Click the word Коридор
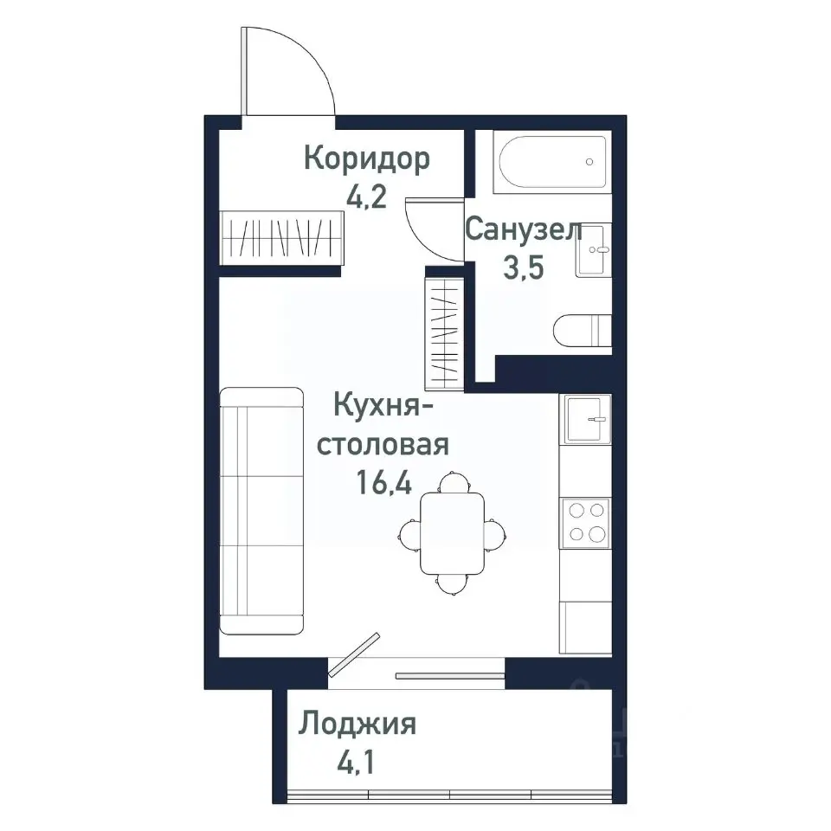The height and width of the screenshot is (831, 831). [x=366, y=159]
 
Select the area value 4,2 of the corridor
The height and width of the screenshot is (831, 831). [x=366, y=197]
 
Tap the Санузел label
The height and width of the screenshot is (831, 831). [x=523, y=230]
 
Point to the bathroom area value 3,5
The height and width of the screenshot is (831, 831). [x=523, y=268]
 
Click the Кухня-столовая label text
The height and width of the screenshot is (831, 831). [x=383, y=425]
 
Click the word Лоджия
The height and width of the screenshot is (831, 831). [x=358, y=724]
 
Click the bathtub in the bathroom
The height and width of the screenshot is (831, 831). [x=552, y=162]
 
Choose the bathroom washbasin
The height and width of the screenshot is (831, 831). [x=594, y=250]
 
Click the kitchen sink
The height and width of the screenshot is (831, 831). [x=586, y=419]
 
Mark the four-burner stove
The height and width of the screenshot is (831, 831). [x=585, y=522]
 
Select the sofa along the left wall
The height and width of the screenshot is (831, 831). [x=261, y=511]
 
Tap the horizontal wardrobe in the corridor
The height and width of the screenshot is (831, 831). [x=283, y=237]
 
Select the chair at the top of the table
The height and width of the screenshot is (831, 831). [x=452, y=481]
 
